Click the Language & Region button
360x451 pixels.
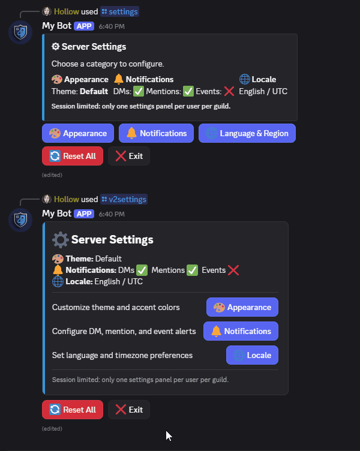[247, 133]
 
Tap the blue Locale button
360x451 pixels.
[252, 355]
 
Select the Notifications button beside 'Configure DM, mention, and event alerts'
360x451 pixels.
[241, 331]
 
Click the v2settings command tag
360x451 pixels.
[124, 199]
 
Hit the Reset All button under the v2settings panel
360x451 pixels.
[73, 410]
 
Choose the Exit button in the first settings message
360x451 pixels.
[129, 156]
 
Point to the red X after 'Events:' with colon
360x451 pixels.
[229, 91]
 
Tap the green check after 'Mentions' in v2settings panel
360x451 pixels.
[192, 270]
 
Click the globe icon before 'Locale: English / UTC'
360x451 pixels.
[58, 281]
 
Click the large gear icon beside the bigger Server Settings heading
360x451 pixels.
[60, 240]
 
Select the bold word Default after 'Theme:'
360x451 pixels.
[94, 91]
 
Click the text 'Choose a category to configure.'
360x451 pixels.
[107, 64]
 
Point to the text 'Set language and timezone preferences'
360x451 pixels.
[122, 355]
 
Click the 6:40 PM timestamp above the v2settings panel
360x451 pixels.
[112, 214]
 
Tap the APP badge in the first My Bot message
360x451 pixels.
[84, 26]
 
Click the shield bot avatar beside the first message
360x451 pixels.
[20, 32]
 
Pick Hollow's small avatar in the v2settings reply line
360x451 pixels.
[47, 199]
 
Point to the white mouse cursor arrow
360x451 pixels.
[169, 435]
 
